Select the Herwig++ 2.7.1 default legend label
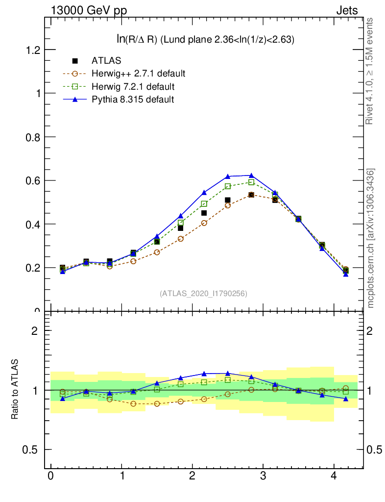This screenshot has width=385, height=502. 138,74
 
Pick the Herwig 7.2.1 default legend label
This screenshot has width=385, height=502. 133,87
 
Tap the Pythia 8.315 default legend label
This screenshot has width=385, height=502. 132,100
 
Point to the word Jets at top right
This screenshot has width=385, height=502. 346,10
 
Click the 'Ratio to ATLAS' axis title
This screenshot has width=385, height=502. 15,390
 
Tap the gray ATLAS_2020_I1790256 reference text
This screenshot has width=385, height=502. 203,294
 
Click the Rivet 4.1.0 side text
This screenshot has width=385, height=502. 370,71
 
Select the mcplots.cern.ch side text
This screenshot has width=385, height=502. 371,238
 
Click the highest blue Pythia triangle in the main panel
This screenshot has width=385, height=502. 251,176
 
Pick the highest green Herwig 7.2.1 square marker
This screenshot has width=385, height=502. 251,182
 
